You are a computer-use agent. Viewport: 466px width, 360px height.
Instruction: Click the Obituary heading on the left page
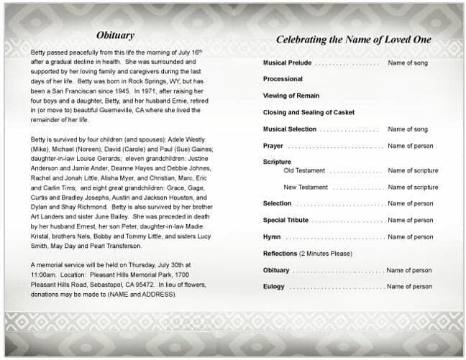point(115,35)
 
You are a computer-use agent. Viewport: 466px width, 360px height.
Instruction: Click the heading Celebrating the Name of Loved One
point(353,40)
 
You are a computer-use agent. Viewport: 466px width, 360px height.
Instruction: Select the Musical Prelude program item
point(288,63)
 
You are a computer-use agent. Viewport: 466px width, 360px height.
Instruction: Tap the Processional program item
point(283,79)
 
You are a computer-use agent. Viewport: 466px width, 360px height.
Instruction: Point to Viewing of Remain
point(291,96)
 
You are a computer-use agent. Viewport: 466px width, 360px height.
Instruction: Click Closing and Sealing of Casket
point(309,113)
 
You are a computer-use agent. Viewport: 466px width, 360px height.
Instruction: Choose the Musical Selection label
point(290,129)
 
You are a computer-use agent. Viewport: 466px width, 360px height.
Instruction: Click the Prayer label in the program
point(273,146)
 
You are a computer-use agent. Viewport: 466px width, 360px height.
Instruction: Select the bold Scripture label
point(277,162)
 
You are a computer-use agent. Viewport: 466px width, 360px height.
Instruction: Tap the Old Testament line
point(304,171)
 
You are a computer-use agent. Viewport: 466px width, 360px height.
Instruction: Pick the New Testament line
point(306,188)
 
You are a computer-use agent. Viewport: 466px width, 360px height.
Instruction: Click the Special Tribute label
point(285,221)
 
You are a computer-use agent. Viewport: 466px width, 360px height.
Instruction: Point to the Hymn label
point(272,237)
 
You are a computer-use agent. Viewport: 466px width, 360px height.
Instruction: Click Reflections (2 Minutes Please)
point(307,254)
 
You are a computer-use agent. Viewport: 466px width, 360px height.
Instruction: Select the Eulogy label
point(275,287)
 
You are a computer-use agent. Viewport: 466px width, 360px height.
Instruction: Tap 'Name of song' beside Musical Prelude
point(408,63)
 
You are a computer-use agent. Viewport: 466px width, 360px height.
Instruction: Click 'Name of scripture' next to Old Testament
point(413,171)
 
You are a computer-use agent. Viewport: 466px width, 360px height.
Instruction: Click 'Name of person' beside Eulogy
point(409,287)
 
